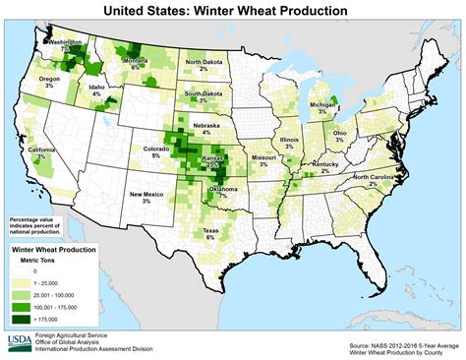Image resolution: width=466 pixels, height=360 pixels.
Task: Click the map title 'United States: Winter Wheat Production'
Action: coord(232,11)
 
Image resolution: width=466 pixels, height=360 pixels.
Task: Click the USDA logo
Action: coord(19,342)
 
